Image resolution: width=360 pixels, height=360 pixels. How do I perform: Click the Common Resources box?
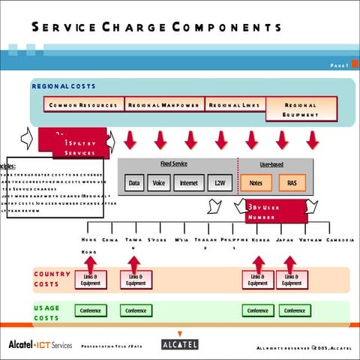click(x=83, y=106)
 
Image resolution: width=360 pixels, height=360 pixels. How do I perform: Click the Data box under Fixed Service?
click(x=134, y=182)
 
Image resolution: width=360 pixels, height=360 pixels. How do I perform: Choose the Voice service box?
click(x=158, y=182)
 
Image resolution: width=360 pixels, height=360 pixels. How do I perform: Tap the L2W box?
click(x=219, y=182)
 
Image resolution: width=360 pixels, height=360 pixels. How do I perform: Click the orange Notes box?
click(x=256, y=182)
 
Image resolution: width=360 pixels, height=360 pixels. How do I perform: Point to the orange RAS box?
click(x=292, y=182)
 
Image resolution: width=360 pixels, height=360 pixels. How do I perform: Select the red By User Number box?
click(x=275, y=211)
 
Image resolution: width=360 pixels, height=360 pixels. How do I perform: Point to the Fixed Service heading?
click(x=174, y=163)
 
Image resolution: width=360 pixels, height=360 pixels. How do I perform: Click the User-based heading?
click(x=271, y=163)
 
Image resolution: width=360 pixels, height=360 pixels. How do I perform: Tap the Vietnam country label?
click(x=310, y=240)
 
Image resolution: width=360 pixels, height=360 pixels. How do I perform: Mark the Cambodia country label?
click(x=340, y=240)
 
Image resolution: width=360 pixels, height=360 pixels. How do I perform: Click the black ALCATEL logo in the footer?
click(x=180, y=344)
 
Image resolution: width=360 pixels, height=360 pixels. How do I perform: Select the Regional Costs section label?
click(x=64, y=86)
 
